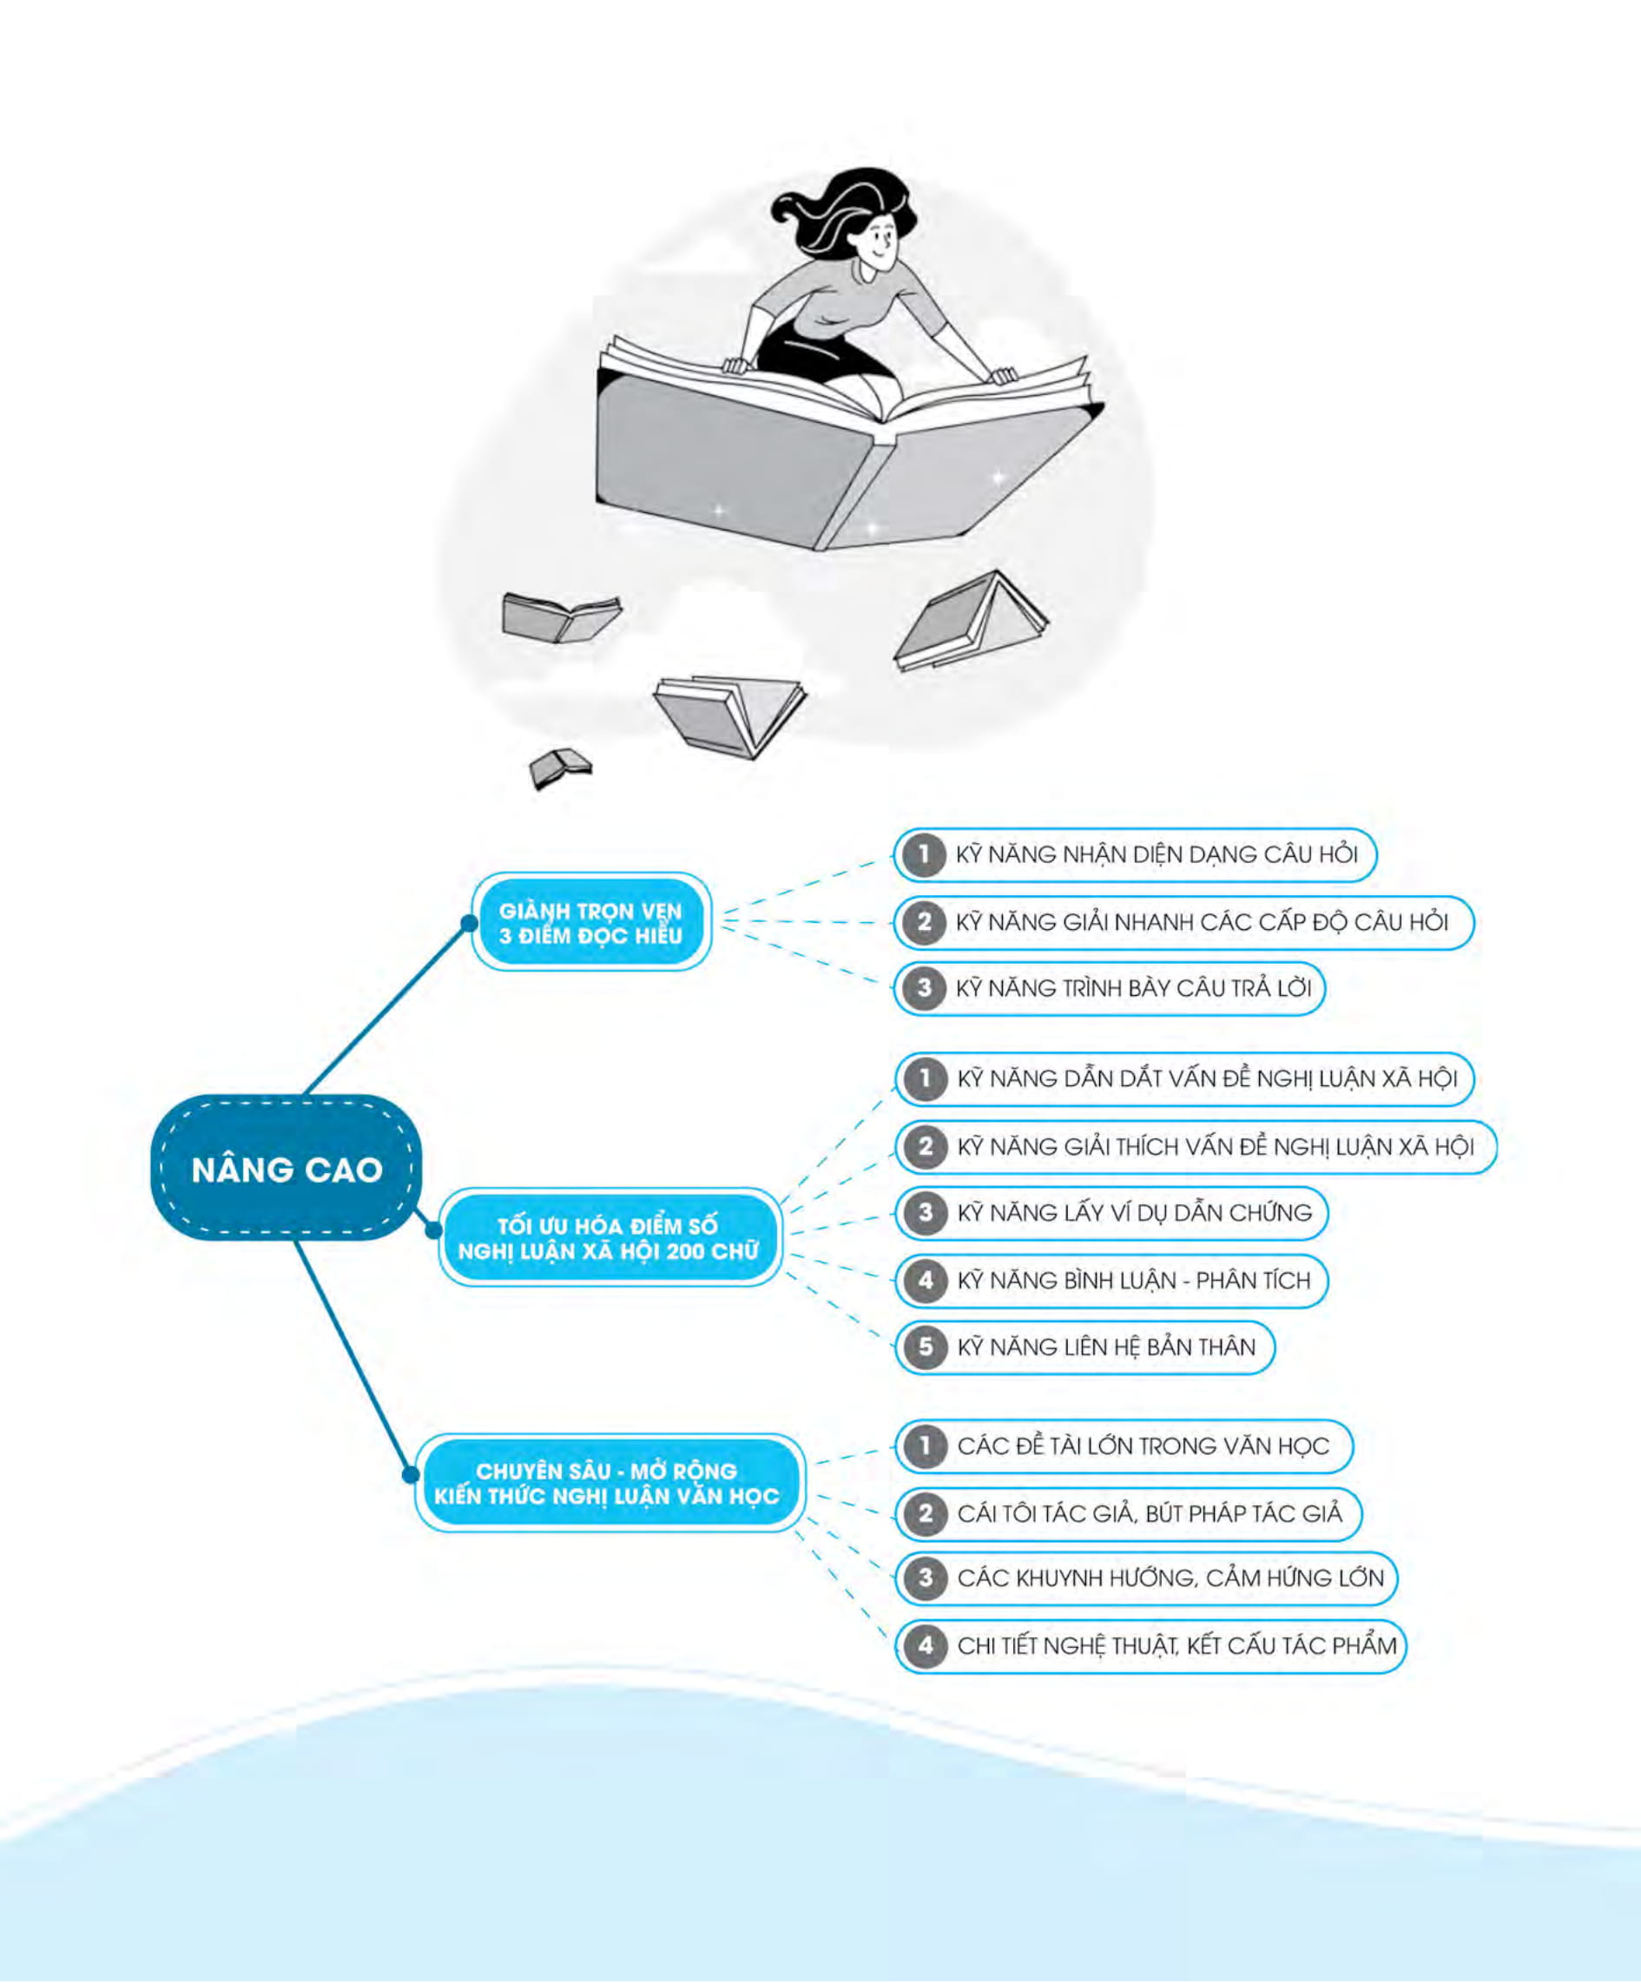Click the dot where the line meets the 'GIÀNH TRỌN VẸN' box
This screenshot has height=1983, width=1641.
[469, 923]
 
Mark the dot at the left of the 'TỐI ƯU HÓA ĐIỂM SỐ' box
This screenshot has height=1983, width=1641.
[432, 1230]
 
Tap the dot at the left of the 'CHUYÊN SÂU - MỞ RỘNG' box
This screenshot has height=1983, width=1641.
[410, 1474]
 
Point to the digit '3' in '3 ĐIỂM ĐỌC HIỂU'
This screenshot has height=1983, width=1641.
[506, 936]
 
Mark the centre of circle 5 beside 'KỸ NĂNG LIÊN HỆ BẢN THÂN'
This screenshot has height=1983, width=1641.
[926, 1347]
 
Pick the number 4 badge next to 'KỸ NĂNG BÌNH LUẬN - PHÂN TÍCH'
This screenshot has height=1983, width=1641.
[926, 1281]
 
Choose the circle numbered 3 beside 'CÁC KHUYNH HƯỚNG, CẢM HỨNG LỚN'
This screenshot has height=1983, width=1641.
[926, 1578]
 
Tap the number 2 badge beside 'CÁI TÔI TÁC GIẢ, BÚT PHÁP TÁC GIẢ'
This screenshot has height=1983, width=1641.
[926, 1513]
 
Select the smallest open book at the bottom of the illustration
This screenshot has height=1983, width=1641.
[560, 767]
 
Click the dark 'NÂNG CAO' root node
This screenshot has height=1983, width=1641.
[286, 1168]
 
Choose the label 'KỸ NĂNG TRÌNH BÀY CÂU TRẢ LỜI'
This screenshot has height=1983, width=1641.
[1134, 989]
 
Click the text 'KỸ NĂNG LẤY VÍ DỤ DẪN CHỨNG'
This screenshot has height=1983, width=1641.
[1135, 1213]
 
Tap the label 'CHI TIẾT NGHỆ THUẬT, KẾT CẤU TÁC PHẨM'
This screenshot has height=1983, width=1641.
[1176, 1645]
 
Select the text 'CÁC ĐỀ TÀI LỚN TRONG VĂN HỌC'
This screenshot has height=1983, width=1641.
[1143, 1446]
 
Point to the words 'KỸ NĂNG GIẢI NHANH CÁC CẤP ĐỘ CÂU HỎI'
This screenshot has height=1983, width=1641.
[1202, 922]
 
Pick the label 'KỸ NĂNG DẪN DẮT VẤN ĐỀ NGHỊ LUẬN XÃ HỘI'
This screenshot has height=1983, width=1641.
[1208, 1078]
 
